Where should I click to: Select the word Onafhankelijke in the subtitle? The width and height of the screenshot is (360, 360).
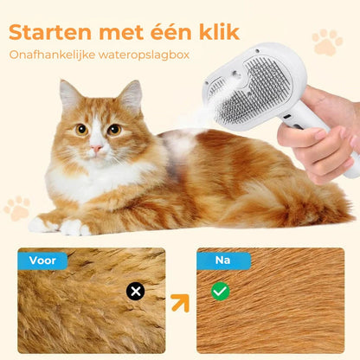(x=52, y=55)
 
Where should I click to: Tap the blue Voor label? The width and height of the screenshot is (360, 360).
(x=42, y=260)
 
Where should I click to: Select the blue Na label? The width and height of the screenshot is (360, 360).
(x=223, y=260)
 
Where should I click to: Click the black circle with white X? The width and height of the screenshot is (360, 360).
(x=135, y=292)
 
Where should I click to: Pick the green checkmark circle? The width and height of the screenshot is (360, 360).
(x=221, y=292)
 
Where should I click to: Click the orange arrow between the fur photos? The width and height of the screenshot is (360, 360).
(x=180, y=303)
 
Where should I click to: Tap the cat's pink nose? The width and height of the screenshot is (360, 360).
(x=96, y=148)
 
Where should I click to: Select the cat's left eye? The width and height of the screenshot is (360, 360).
(x=81, y=130)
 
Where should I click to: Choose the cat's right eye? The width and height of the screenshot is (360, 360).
(x=114, y=130)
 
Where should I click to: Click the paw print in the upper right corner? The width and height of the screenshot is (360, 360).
(x=327, y=42)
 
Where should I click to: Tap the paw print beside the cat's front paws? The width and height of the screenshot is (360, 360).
(x=17, y=209)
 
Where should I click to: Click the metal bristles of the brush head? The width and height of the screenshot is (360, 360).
(x=253, y=91)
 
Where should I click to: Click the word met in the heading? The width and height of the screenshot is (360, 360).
(x=121, y=33)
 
